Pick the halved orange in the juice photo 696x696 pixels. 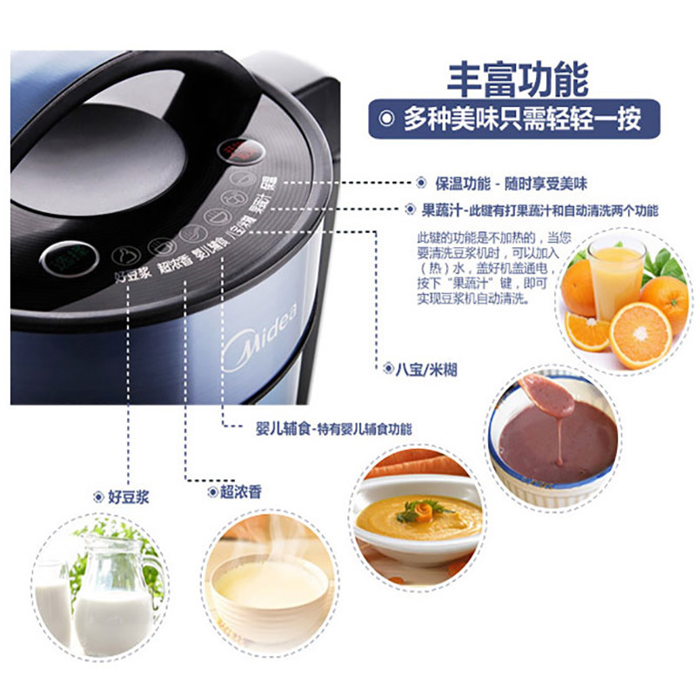pyautogui.click(x=639, y=334)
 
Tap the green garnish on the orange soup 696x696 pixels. pyautogui.click(x=423, y=511)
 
